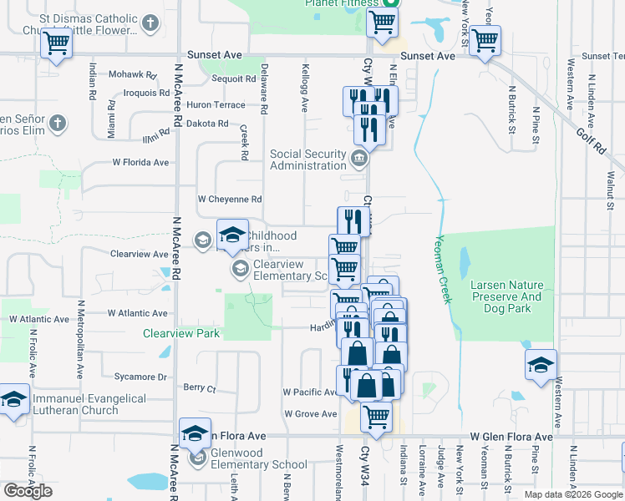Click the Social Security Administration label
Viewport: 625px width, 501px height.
[307, 159]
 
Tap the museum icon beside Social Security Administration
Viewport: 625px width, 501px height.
[358, 158]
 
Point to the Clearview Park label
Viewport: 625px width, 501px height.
[181, 333]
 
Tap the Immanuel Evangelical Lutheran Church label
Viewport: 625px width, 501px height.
[89, 404]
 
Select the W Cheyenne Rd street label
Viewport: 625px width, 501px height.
[230, 200]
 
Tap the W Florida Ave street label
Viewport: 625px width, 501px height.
[142, 163]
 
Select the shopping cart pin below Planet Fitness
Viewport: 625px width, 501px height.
[382, 23]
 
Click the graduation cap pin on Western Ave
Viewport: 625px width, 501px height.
[541, 365]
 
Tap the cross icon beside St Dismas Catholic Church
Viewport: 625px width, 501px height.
[150, 23]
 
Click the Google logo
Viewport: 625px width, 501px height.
[28, 491]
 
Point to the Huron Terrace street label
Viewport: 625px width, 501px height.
[216, 105]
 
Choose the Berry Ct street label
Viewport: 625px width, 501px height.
[200, 388]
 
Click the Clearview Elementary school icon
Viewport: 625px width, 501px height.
[240, 268]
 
